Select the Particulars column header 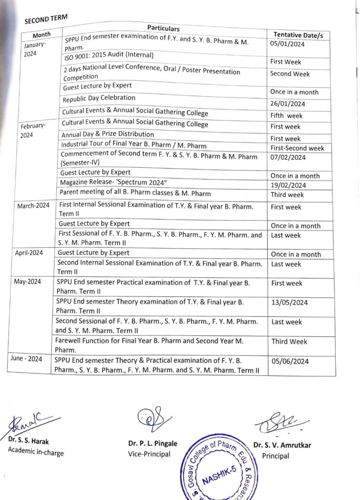163,29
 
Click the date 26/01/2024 287,104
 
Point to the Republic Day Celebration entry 99,99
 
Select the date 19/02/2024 288,185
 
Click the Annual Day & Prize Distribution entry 107,134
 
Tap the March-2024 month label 34,206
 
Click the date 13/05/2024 290,303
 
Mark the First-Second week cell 297,148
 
